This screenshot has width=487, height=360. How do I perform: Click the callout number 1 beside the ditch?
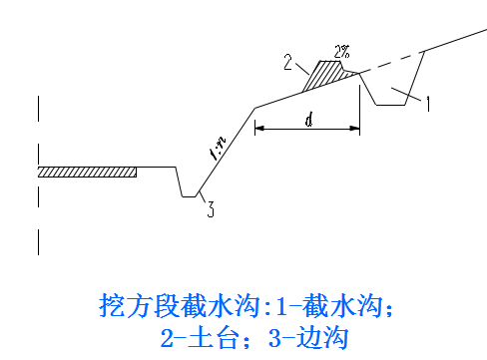coord(428,104)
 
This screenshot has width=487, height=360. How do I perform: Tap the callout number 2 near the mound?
coord(288,62)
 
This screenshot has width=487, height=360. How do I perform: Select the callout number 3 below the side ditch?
coord(211,209)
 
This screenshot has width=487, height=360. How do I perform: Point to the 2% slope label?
coord(342,52)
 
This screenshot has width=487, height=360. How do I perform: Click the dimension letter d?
coord(309,120)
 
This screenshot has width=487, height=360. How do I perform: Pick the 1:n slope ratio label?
coord(218,148)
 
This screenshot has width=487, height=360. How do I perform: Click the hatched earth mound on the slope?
coord(326,75)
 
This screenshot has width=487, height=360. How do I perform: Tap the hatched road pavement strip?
coord(87,172)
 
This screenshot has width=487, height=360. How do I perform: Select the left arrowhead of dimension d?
coord(259,128)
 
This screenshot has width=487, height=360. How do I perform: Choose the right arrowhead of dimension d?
coord(355,128)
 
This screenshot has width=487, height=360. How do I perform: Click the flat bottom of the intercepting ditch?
coord(391,105)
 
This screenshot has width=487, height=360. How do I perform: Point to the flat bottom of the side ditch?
coord(189,196)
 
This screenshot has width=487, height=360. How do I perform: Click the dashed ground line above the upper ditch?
coord(392,62)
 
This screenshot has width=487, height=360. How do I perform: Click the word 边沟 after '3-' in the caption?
coord(321,337)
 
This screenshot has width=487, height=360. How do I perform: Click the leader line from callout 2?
coord(302,68)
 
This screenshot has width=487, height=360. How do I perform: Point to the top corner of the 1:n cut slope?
coord(255,108)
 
